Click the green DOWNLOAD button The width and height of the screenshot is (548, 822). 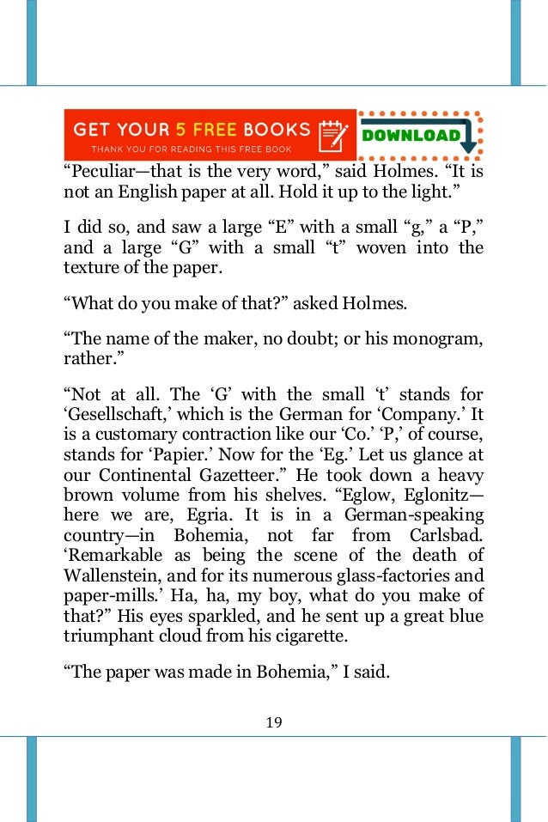(x=411, y=135)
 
